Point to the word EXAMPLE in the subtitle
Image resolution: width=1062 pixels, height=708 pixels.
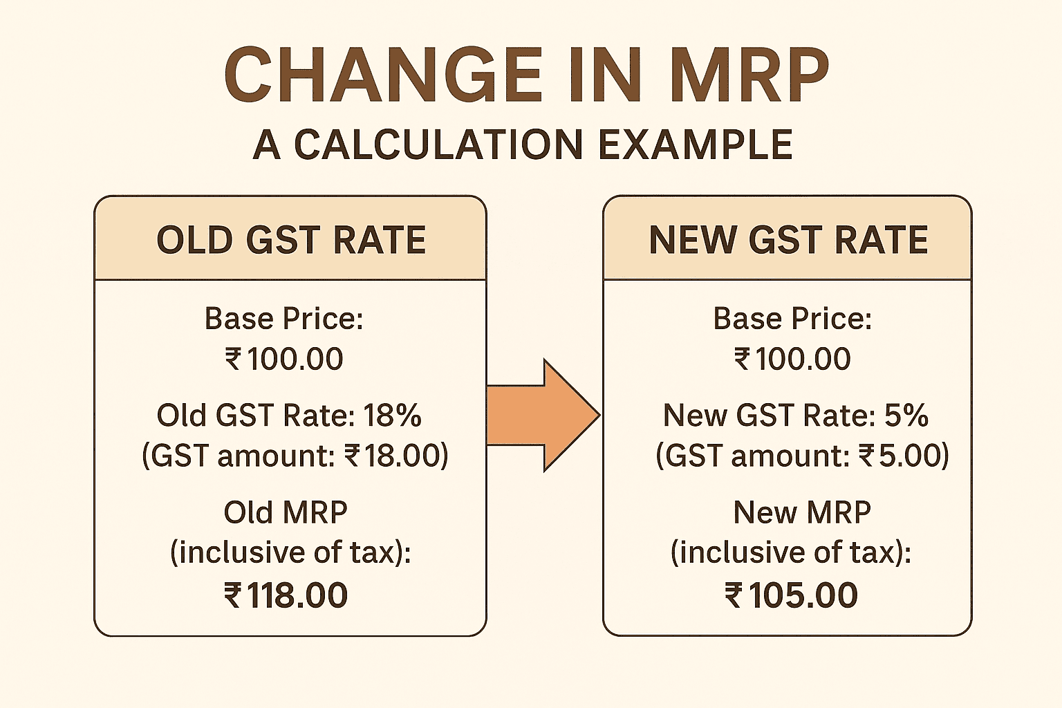[695, 145]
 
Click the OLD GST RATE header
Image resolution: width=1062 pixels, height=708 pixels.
[290, 240]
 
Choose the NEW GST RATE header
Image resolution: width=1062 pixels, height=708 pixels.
[788, 240]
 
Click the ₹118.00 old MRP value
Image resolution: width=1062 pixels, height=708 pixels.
[286, 595]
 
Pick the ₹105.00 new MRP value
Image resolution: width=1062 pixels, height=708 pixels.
[791, 595]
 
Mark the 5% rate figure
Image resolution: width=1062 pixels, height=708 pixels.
[906, 416]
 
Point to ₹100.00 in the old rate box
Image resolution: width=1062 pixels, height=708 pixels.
[284, 359]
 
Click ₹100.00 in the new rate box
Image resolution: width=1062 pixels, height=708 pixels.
[792, 359]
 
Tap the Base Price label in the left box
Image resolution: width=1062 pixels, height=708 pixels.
[283, 319]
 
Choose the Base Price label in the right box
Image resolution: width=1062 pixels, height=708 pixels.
[792, 319]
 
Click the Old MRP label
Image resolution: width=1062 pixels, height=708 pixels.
[286, 512]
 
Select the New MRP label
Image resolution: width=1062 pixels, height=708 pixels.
[802, 512]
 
